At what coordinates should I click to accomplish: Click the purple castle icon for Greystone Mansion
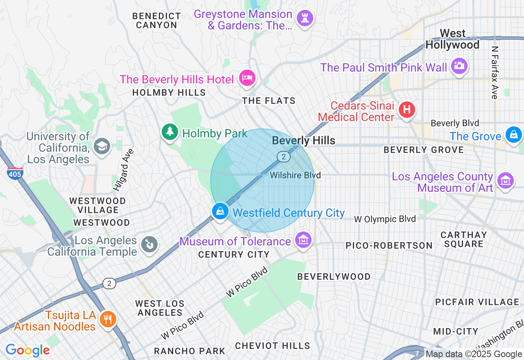[x=305, y=18]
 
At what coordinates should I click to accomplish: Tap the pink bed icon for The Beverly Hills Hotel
[x=247, y=77]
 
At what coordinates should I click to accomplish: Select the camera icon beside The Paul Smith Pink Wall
[x=459, y=66]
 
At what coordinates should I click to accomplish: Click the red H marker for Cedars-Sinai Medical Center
[x=407, y=110]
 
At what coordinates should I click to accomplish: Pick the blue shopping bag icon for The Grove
[x=513, y=134]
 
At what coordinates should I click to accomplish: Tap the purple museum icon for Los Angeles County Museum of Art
[x=506, y=180]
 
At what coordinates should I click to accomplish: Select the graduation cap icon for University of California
[x=102, y=146]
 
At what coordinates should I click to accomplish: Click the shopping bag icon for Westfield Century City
[x=220, y=211]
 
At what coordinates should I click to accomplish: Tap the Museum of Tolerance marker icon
[x=303, y=240]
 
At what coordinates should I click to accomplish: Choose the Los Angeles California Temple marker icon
[x=148, y=245]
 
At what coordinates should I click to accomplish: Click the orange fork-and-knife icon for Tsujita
[x=108, y=319]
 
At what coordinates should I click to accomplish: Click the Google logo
[x=27, y=350]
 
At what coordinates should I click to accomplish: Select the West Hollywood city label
[x=452, y=39]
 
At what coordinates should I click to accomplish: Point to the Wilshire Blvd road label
[x=295, y=175]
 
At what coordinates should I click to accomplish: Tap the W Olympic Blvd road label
[x=385, y=219]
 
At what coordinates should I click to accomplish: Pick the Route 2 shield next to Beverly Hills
[x=283, y=156]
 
